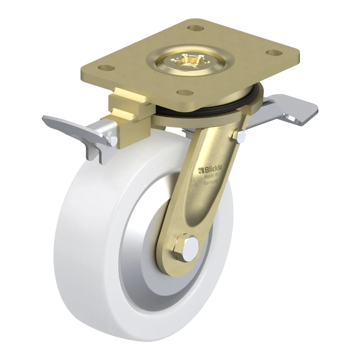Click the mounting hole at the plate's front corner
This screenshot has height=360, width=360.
pos(185,92)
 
